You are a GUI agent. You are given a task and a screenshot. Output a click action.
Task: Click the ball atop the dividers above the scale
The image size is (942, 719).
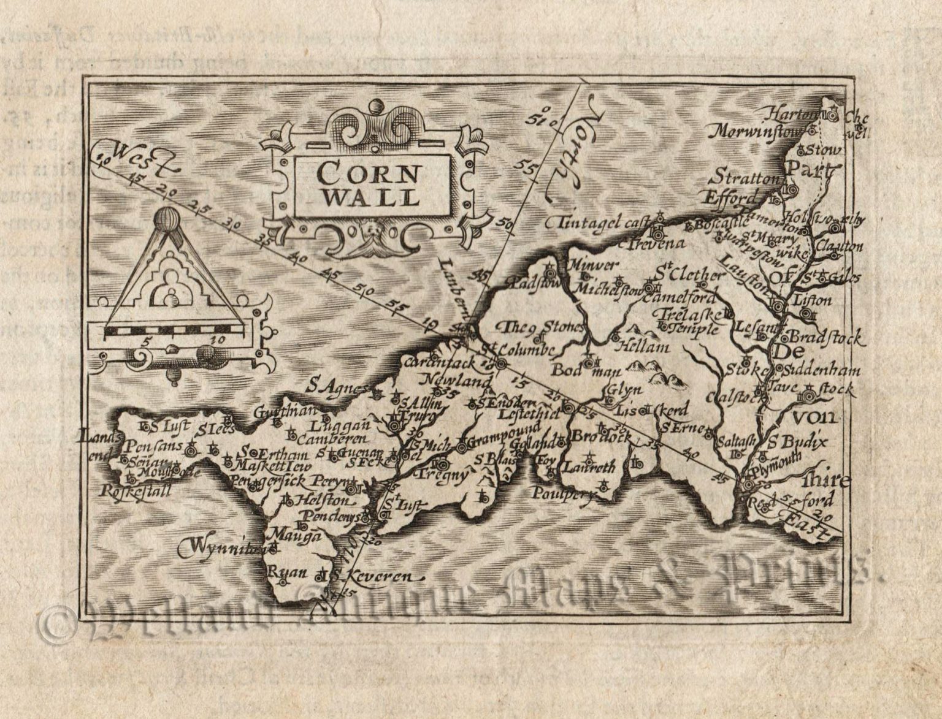[x=167, y=219]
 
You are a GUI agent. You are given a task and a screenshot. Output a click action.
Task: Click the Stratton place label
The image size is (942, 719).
[x=744, y=179]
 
